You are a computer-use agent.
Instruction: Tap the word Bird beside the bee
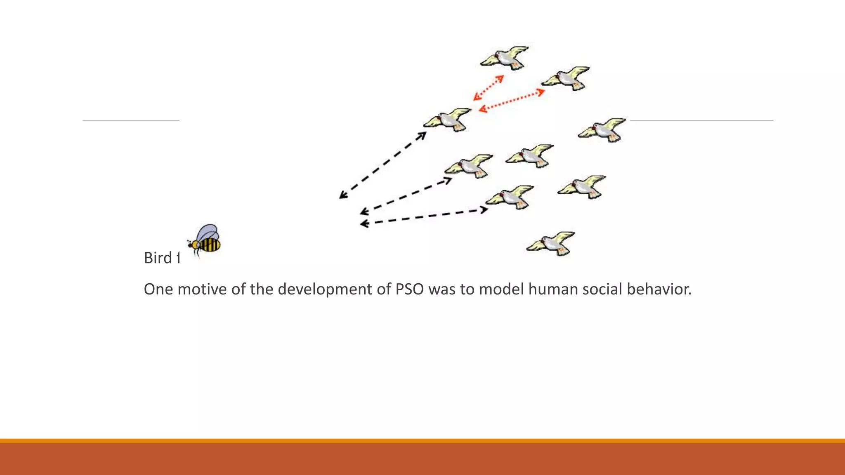(x=158, y=258)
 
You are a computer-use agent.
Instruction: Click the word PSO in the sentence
(x=409, y=289)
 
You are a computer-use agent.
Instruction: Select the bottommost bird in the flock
(x=551, y=243)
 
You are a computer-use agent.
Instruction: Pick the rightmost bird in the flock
(x=602, y=129)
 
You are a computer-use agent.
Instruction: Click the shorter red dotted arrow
(x=489, y=88)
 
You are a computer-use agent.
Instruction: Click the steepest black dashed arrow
(x=382, y=165)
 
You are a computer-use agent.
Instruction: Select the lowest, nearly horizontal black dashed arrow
(x=424, y=217)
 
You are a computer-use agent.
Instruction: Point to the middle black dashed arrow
(x=406, y=196)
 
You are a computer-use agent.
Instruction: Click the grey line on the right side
(x=701, y=120)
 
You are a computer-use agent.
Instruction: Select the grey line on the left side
(x=131, y=120)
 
